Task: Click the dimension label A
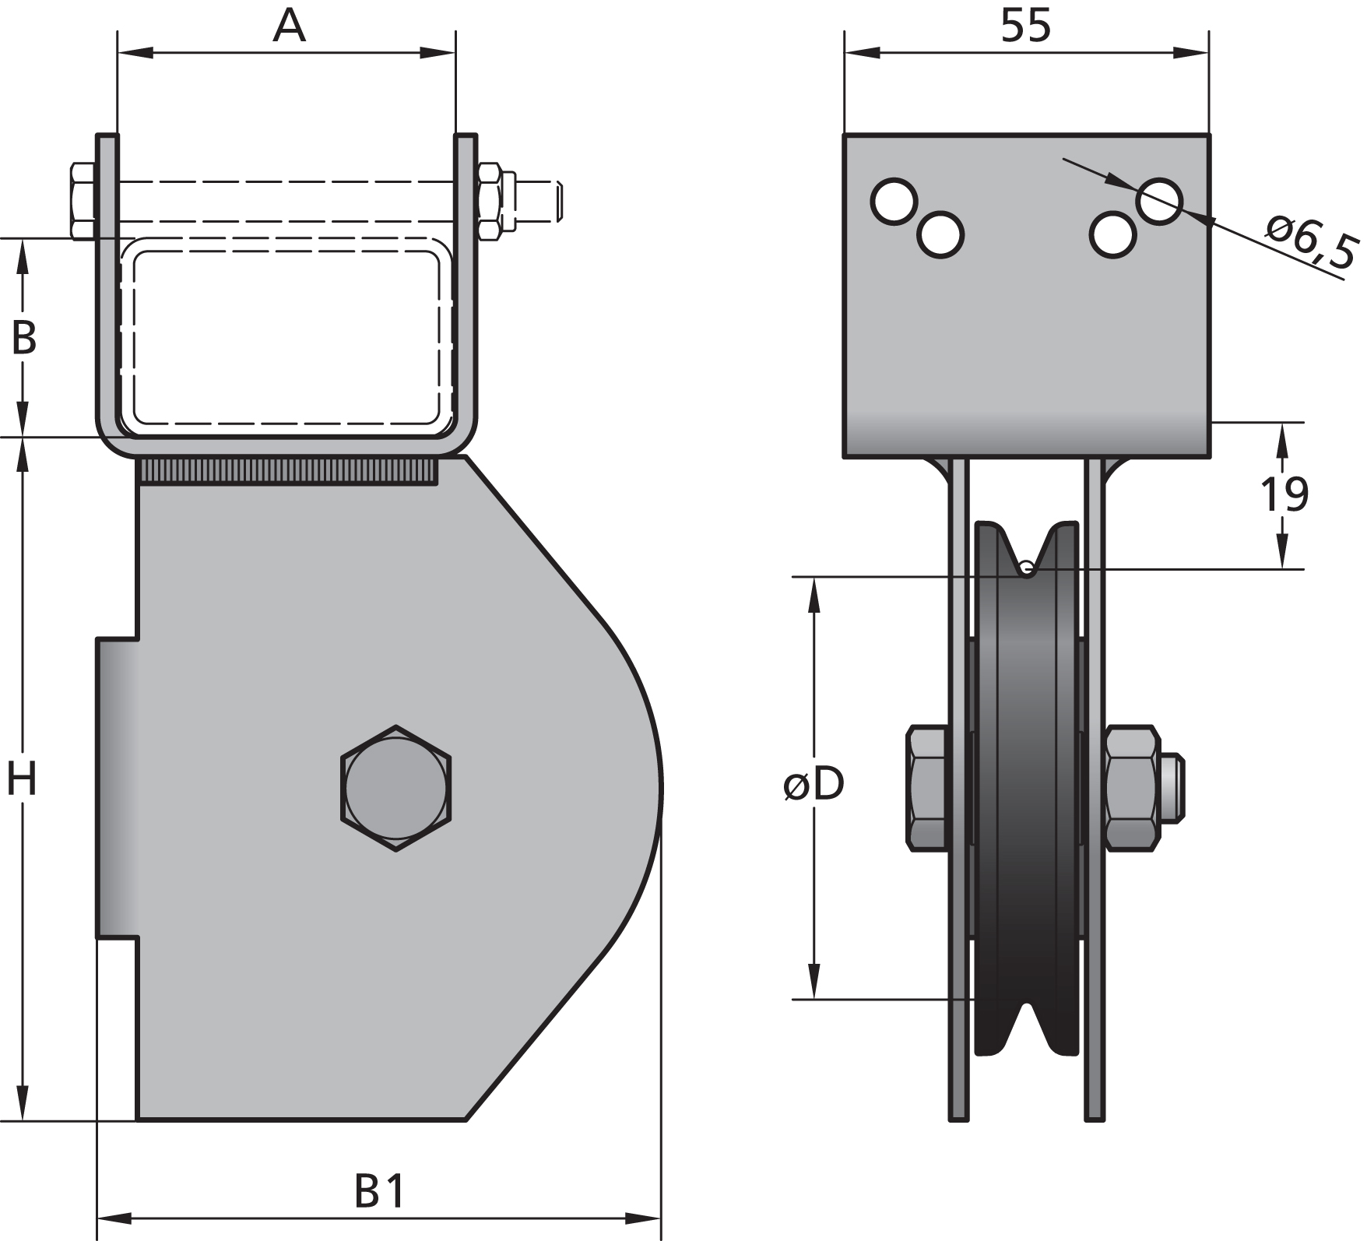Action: click(x=289, y=26)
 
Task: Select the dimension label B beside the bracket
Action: click(x=23, y=338)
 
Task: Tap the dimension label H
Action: click(x=22, y=779)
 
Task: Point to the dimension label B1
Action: click(x=380, y=1190)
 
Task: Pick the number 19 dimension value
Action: click(x=1284, y=494)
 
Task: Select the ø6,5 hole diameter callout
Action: click(x=1312, y=242)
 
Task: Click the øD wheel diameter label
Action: click(x=814, y=785)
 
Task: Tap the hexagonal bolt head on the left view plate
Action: click(x=396, y=788)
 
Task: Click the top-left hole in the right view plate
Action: click(x=894, y=202)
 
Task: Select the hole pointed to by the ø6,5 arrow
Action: click(x=1159, y=201)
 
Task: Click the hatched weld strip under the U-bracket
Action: click(x=287, y=471)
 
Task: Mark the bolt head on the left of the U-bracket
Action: click(x=83, y=201)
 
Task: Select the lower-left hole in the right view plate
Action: click(x=940, y=234)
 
